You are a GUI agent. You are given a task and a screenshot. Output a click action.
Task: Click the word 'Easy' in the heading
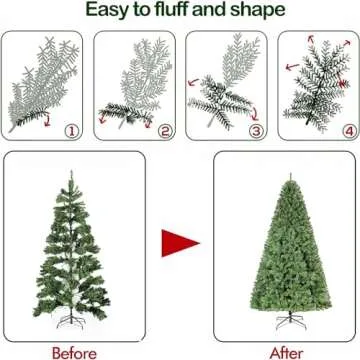click(109, 11)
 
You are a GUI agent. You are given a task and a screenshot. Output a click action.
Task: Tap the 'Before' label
click(74, 352)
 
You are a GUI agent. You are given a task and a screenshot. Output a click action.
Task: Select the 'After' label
click(286, 352)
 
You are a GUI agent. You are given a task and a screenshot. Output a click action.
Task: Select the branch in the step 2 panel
click(135, 90)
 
